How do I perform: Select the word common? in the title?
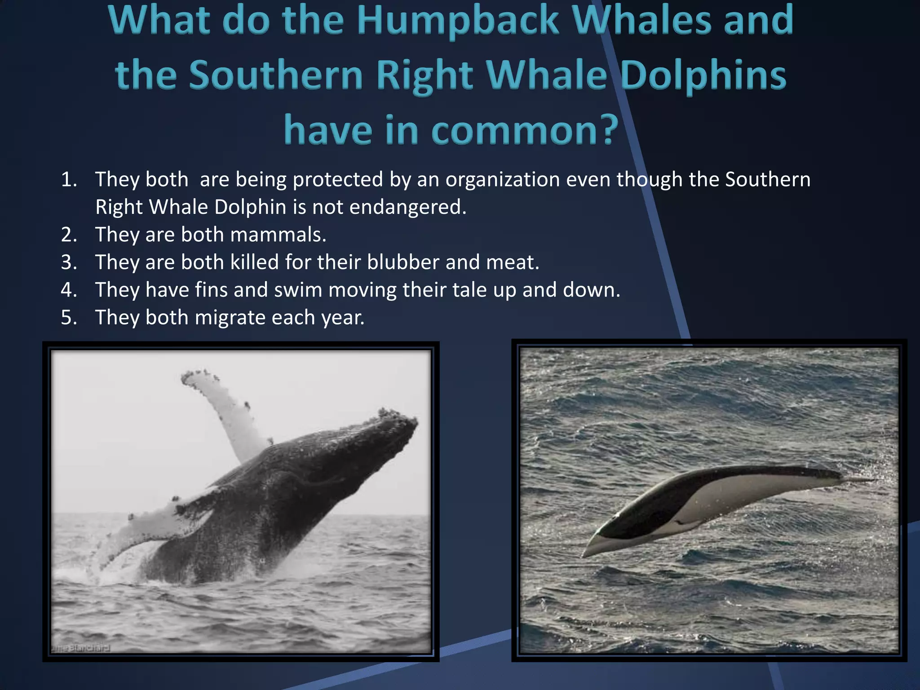[525, 130]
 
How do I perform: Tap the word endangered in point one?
[407, 208]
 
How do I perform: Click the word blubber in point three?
[402, 262]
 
